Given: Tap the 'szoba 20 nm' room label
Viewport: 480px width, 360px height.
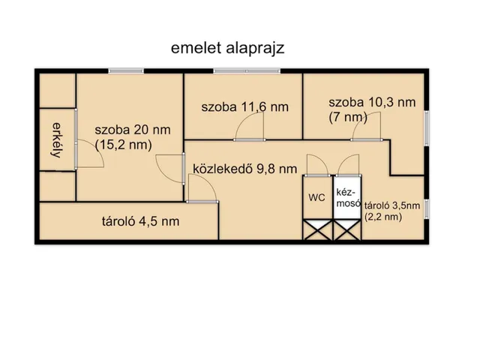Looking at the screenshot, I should tap(133, 130).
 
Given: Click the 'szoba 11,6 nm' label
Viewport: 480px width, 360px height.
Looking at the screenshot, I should tap(244, 107).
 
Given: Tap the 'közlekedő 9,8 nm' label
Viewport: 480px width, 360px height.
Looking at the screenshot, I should tap(244, 168).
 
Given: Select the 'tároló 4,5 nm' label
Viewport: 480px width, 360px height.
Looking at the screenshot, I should tap(141, 221).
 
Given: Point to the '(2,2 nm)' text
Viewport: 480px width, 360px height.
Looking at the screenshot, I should tap(382, 217).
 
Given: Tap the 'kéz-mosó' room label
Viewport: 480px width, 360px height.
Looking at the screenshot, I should tap(347, 197).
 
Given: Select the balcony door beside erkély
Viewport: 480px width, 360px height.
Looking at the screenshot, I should tap(85, 154).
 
